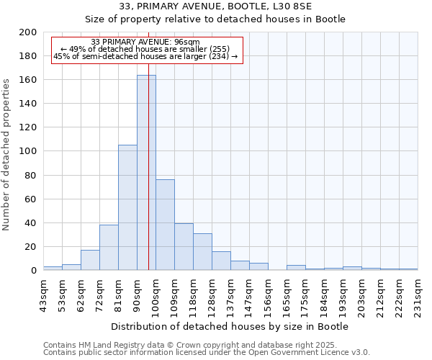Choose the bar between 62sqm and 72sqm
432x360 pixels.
90,260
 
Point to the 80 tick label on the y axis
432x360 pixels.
30,175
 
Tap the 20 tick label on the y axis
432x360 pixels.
30,246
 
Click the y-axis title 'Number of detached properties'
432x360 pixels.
7,166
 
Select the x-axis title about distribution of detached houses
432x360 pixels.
230,326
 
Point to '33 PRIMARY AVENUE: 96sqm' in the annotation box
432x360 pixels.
146,42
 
